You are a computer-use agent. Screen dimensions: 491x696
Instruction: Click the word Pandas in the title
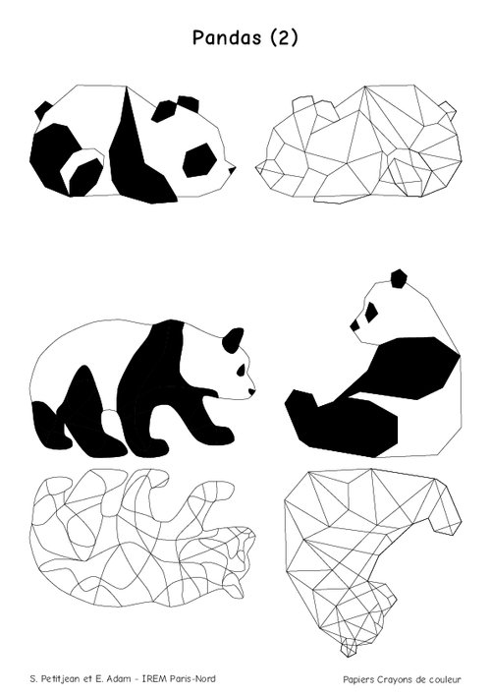tap(227, 37)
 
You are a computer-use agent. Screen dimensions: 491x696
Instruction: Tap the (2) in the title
tap(284, 37)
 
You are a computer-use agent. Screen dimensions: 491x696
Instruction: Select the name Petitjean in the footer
tap(60, 679)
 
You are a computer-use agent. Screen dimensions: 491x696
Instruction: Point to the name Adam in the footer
tap(116, 679)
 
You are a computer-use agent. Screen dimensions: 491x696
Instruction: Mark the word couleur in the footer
tap(445, 679)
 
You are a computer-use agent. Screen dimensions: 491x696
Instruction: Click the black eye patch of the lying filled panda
tap(199, 160)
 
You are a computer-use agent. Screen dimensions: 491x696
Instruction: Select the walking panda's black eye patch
tap(242, 370)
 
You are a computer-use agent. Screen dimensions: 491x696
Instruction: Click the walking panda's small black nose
tap(252, 392)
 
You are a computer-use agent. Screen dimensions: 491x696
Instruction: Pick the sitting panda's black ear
tap(399, 278)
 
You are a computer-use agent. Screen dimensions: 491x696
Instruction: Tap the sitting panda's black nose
tap(355, 325)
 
